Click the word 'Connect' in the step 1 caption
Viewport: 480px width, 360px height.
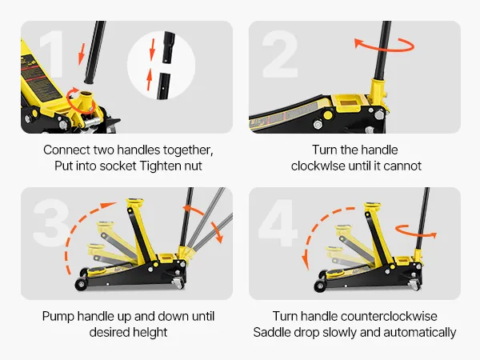click(x=66, y=150)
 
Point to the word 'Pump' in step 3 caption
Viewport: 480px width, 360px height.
click(x=58, y=317)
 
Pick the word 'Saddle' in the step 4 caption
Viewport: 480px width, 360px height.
click(x=272, y=332)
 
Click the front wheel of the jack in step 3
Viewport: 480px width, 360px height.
click(x=82, y=285)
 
